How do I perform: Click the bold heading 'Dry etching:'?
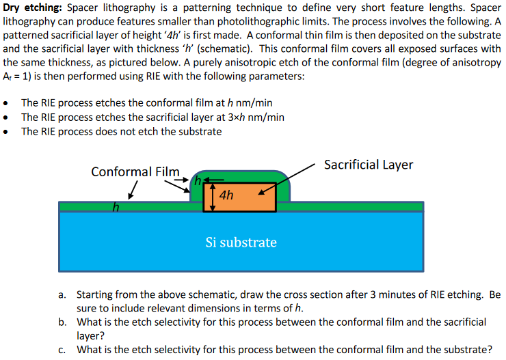pyautogui.click(x=32, y=8)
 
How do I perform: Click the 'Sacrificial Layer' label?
pyautogui.click(x=368, y=165)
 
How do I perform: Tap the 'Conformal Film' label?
pyautogui.click(x=135, y=171)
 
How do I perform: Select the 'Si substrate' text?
pyautogui.click(x=241, y=242)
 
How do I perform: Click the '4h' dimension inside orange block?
pyautogui.click(x=228, y=195)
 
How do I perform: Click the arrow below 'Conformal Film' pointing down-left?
pyautogui.click(x=135, y=189)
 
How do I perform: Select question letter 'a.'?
pyautogui.click(x=62, y=295)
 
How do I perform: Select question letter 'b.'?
pyautogui.click(x=62, y=322)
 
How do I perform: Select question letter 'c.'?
pyautogui.click(x=62, y=349)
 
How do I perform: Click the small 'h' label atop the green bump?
pyautogui.click(x=197, y=182)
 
